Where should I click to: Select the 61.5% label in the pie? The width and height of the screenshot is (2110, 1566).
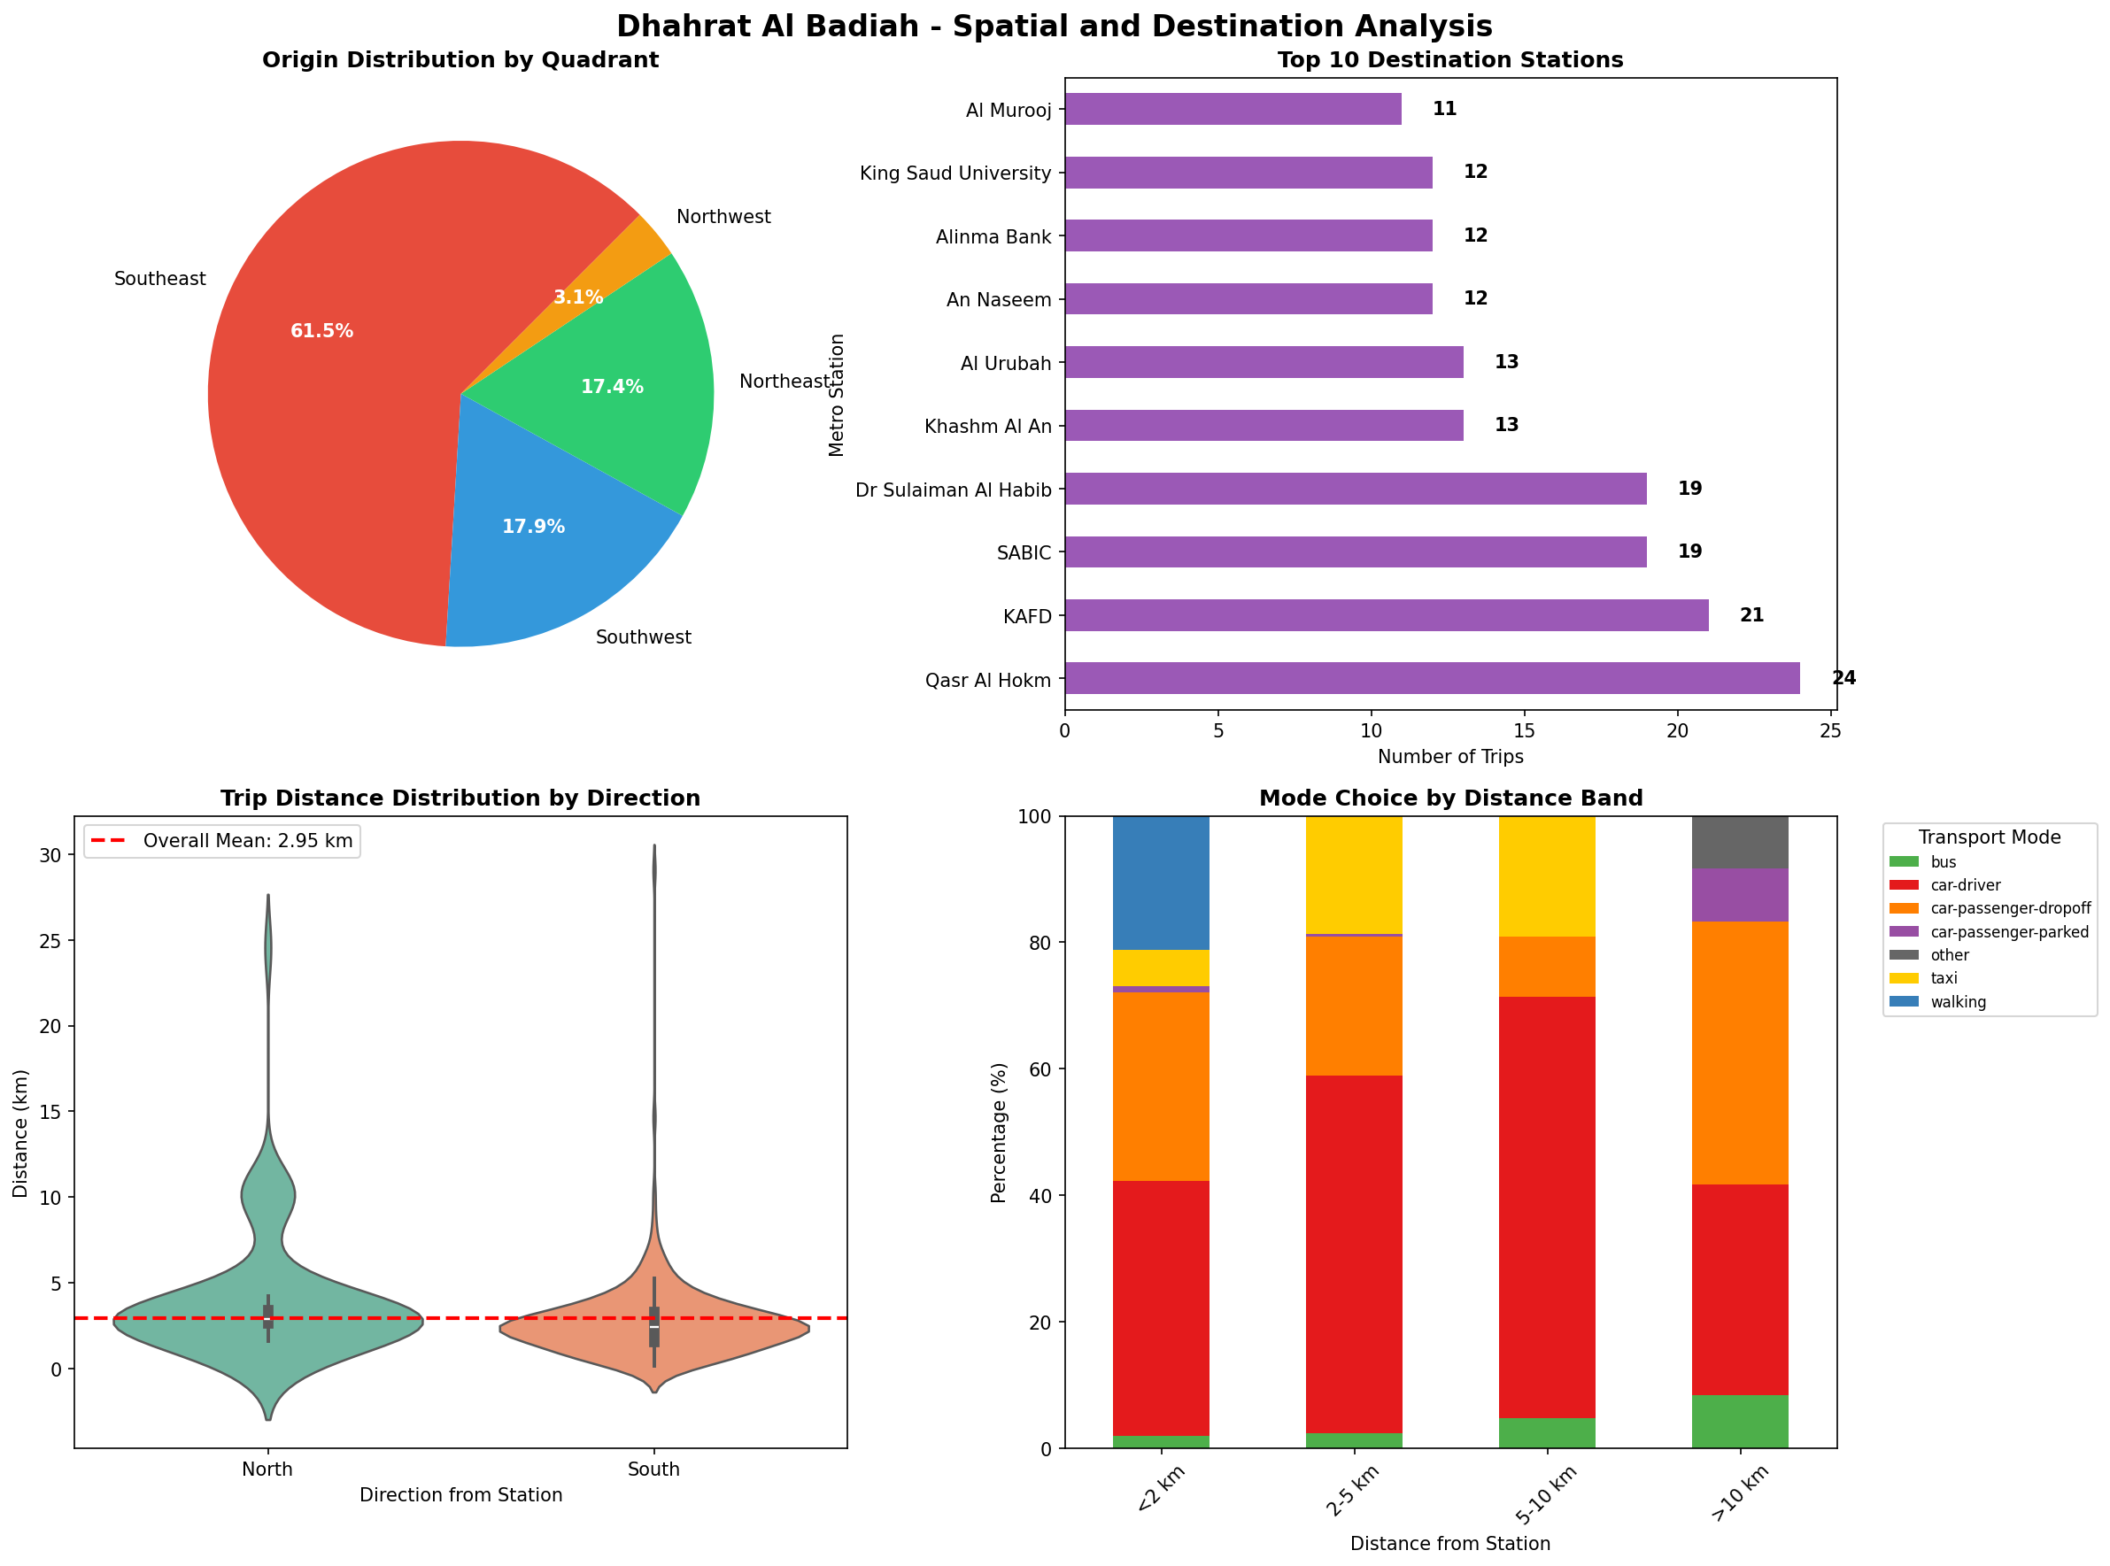[x=321, y=331]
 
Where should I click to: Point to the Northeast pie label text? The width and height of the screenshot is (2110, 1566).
[x=784, y=381]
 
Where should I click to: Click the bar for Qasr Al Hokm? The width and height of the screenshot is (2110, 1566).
[x=1432, y=679]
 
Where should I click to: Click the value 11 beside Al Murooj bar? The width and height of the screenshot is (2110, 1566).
[x=1443, y=109]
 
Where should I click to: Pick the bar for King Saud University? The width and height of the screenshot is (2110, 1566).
[x=1248, y=173]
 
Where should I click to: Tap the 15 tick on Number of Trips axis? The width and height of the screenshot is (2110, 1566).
[x=1524, y=731]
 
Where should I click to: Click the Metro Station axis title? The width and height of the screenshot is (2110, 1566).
[x=836, y=394]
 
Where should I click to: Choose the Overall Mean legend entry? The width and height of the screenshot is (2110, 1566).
[x=222, y=841]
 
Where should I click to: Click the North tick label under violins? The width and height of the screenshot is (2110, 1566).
[x=267, y=1470]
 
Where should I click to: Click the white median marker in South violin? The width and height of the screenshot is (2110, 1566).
[x=654, y=1326]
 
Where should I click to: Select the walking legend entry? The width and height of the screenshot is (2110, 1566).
[x=1958, y=1002]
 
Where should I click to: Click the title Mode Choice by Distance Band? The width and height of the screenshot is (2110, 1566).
[x=1450, y=798]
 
